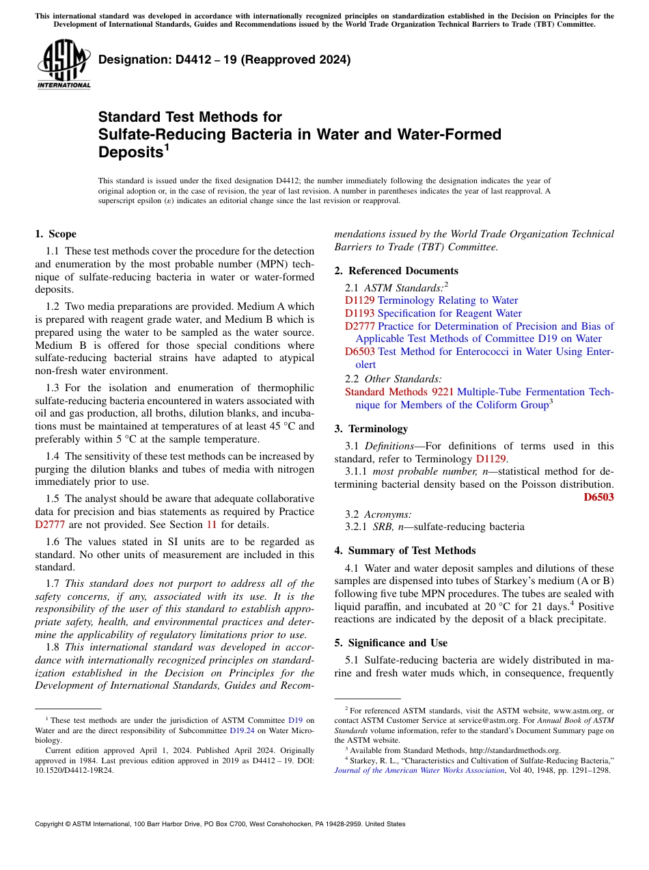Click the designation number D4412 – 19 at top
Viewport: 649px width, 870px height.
[225, 60]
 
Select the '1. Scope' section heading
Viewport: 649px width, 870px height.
[56, 234]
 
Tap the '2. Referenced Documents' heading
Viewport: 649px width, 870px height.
[396, 271]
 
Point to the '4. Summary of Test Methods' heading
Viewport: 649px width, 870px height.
[405, 551]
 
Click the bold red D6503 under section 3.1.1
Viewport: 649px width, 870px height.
[598, 497]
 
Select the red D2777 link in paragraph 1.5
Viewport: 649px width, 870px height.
[50, 525]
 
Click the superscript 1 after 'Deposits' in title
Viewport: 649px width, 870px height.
[166, 147]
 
